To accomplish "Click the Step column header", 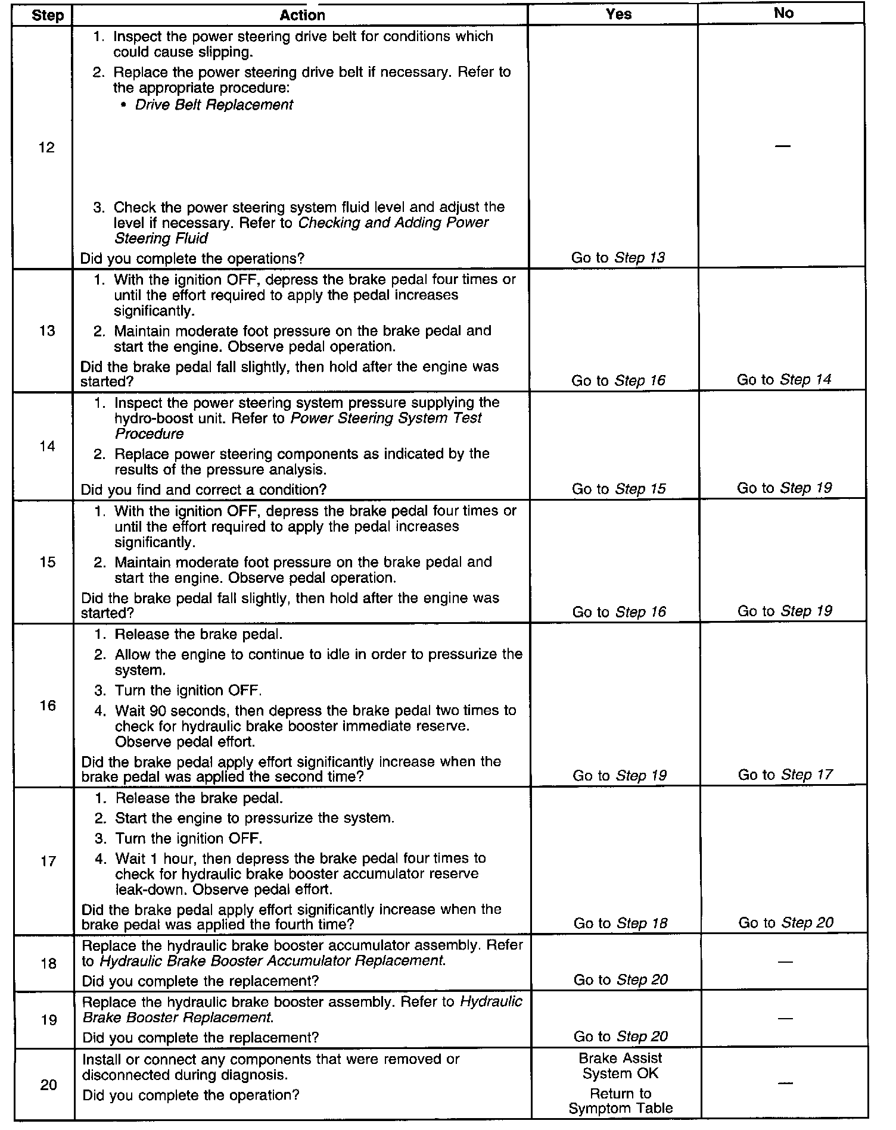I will coord(47,15).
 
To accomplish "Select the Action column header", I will coord(302,15).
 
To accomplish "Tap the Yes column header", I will coord(618,14).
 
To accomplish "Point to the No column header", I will coord(783,13).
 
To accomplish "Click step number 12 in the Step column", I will coord(46,147).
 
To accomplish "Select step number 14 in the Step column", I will coord(47,446).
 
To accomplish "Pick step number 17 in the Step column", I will coord(48,861).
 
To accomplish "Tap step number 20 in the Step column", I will coord(48,1085).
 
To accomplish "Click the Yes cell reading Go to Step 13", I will coord(618,258).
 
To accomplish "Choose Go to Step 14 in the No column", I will coord(783,379).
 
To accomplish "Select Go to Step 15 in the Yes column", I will coord(618,489).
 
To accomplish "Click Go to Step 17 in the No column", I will coord(785,775).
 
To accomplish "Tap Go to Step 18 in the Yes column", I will coord(620,923).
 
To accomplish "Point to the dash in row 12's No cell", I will coord(783,146).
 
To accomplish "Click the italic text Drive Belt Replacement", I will coord(214,105).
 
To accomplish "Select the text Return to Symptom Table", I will coord(620,1101).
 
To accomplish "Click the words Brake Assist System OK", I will coord(620,1066).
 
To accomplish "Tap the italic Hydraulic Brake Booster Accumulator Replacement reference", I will coord(272,960).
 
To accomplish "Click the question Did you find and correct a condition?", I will coord(204,489).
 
